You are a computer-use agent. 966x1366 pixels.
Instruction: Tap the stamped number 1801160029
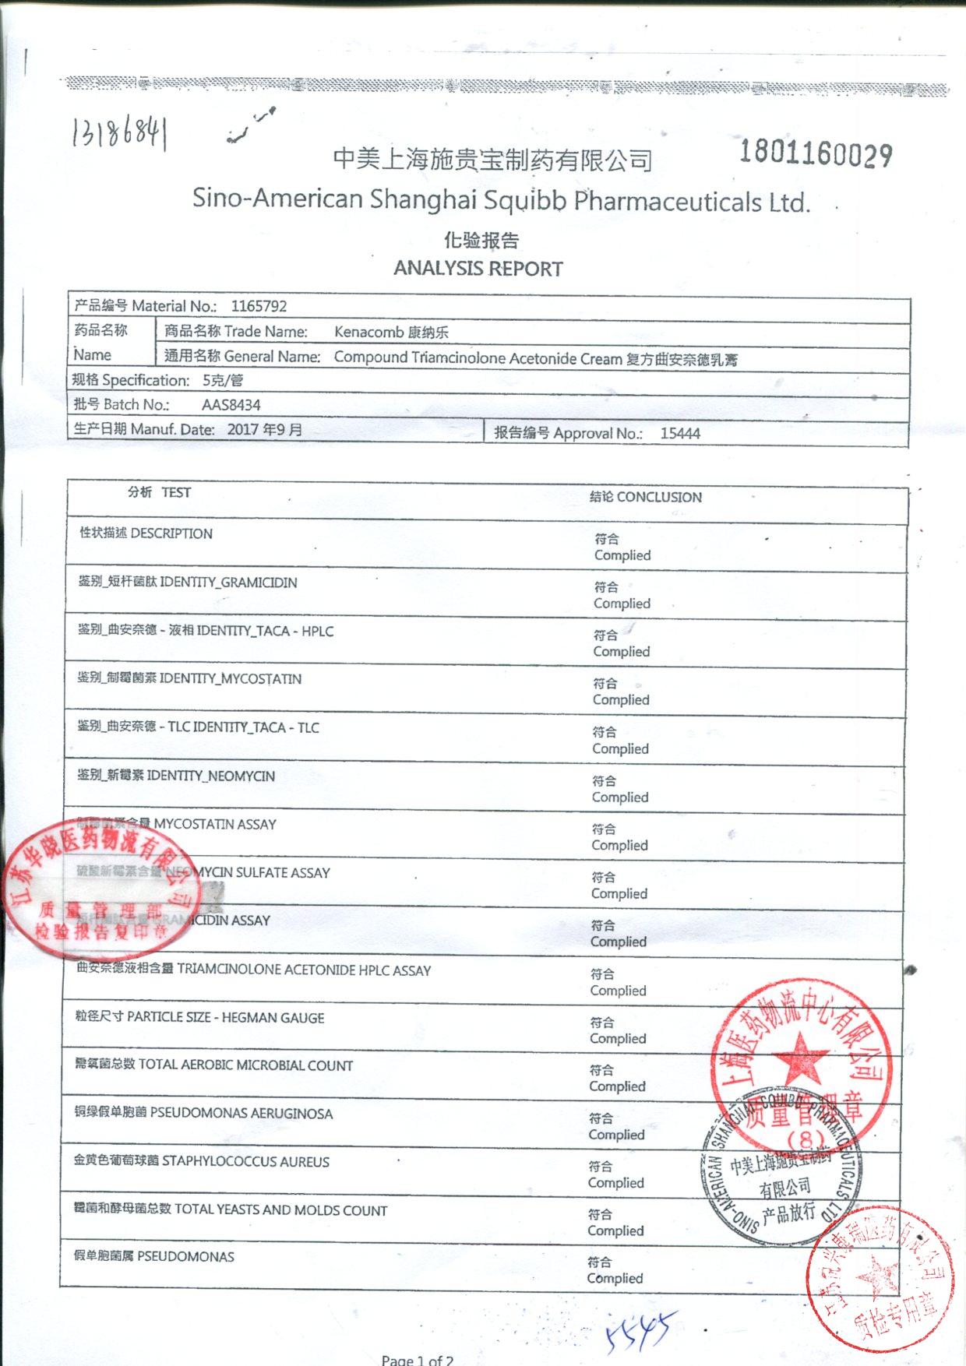[815, 153]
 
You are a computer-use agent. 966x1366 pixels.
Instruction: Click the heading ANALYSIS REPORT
[478, 269]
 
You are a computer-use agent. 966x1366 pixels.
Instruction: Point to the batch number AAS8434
[231, 405]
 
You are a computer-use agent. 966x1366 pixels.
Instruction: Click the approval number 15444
[680, 434]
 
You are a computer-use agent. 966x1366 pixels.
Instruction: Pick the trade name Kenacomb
[369, 333]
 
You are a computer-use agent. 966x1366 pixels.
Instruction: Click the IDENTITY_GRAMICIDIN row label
[228, 583]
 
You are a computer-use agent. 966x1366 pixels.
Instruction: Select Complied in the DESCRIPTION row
[622, 555]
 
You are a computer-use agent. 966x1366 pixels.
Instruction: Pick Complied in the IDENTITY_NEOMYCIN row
[620, 797]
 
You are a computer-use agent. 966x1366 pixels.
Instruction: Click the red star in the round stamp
[800, 1058]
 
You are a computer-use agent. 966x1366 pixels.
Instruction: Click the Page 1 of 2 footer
[418, 1359]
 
